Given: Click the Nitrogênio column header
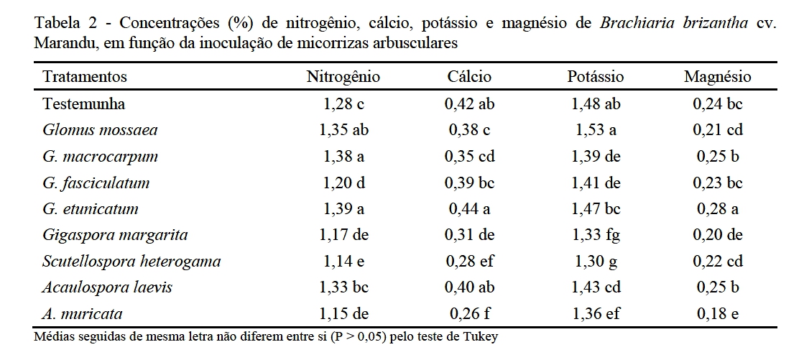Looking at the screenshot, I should [x=343, y=77].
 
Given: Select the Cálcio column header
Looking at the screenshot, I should [x=469, y=77].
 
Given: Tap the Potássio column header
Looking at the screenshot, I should [x=595, y=77].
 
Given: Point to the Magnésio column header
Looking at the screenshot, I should [x=717, y=77].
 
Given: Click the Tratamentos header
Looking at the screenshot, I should [x=85, y=77].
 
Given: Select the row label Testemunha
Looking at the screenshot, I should [x=84, y=103].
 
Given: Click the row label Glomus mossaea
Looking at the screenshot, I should [x=100, y=130].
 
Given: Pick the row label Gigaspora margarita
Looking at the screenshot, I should [x=115, y=235].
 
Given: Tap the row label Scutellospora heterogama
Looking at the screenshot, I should [x=131, y=262].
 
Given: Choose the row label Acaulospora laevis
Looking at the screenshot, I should [x=107, y=287].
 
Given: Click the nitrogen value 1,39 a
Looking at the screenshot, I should [x=343, y=209].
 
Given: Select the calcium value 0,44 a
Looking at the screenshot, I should [x=469, y=209].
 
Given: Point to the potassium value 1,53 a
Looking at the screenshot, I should [x=595, y=130].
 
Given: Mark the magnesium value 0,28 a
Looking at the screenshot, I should [x=717, y=209].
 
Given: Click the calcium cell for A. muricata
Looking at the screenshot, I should [x=469, y=314].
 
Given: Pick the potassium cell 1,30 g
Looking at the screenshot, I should [x=595, y=262].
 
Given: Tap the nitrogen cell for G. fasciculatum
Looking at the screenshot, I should [x=343, y=183].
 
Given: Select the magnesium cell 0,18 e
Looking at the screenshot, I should [x=717, y=314].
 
